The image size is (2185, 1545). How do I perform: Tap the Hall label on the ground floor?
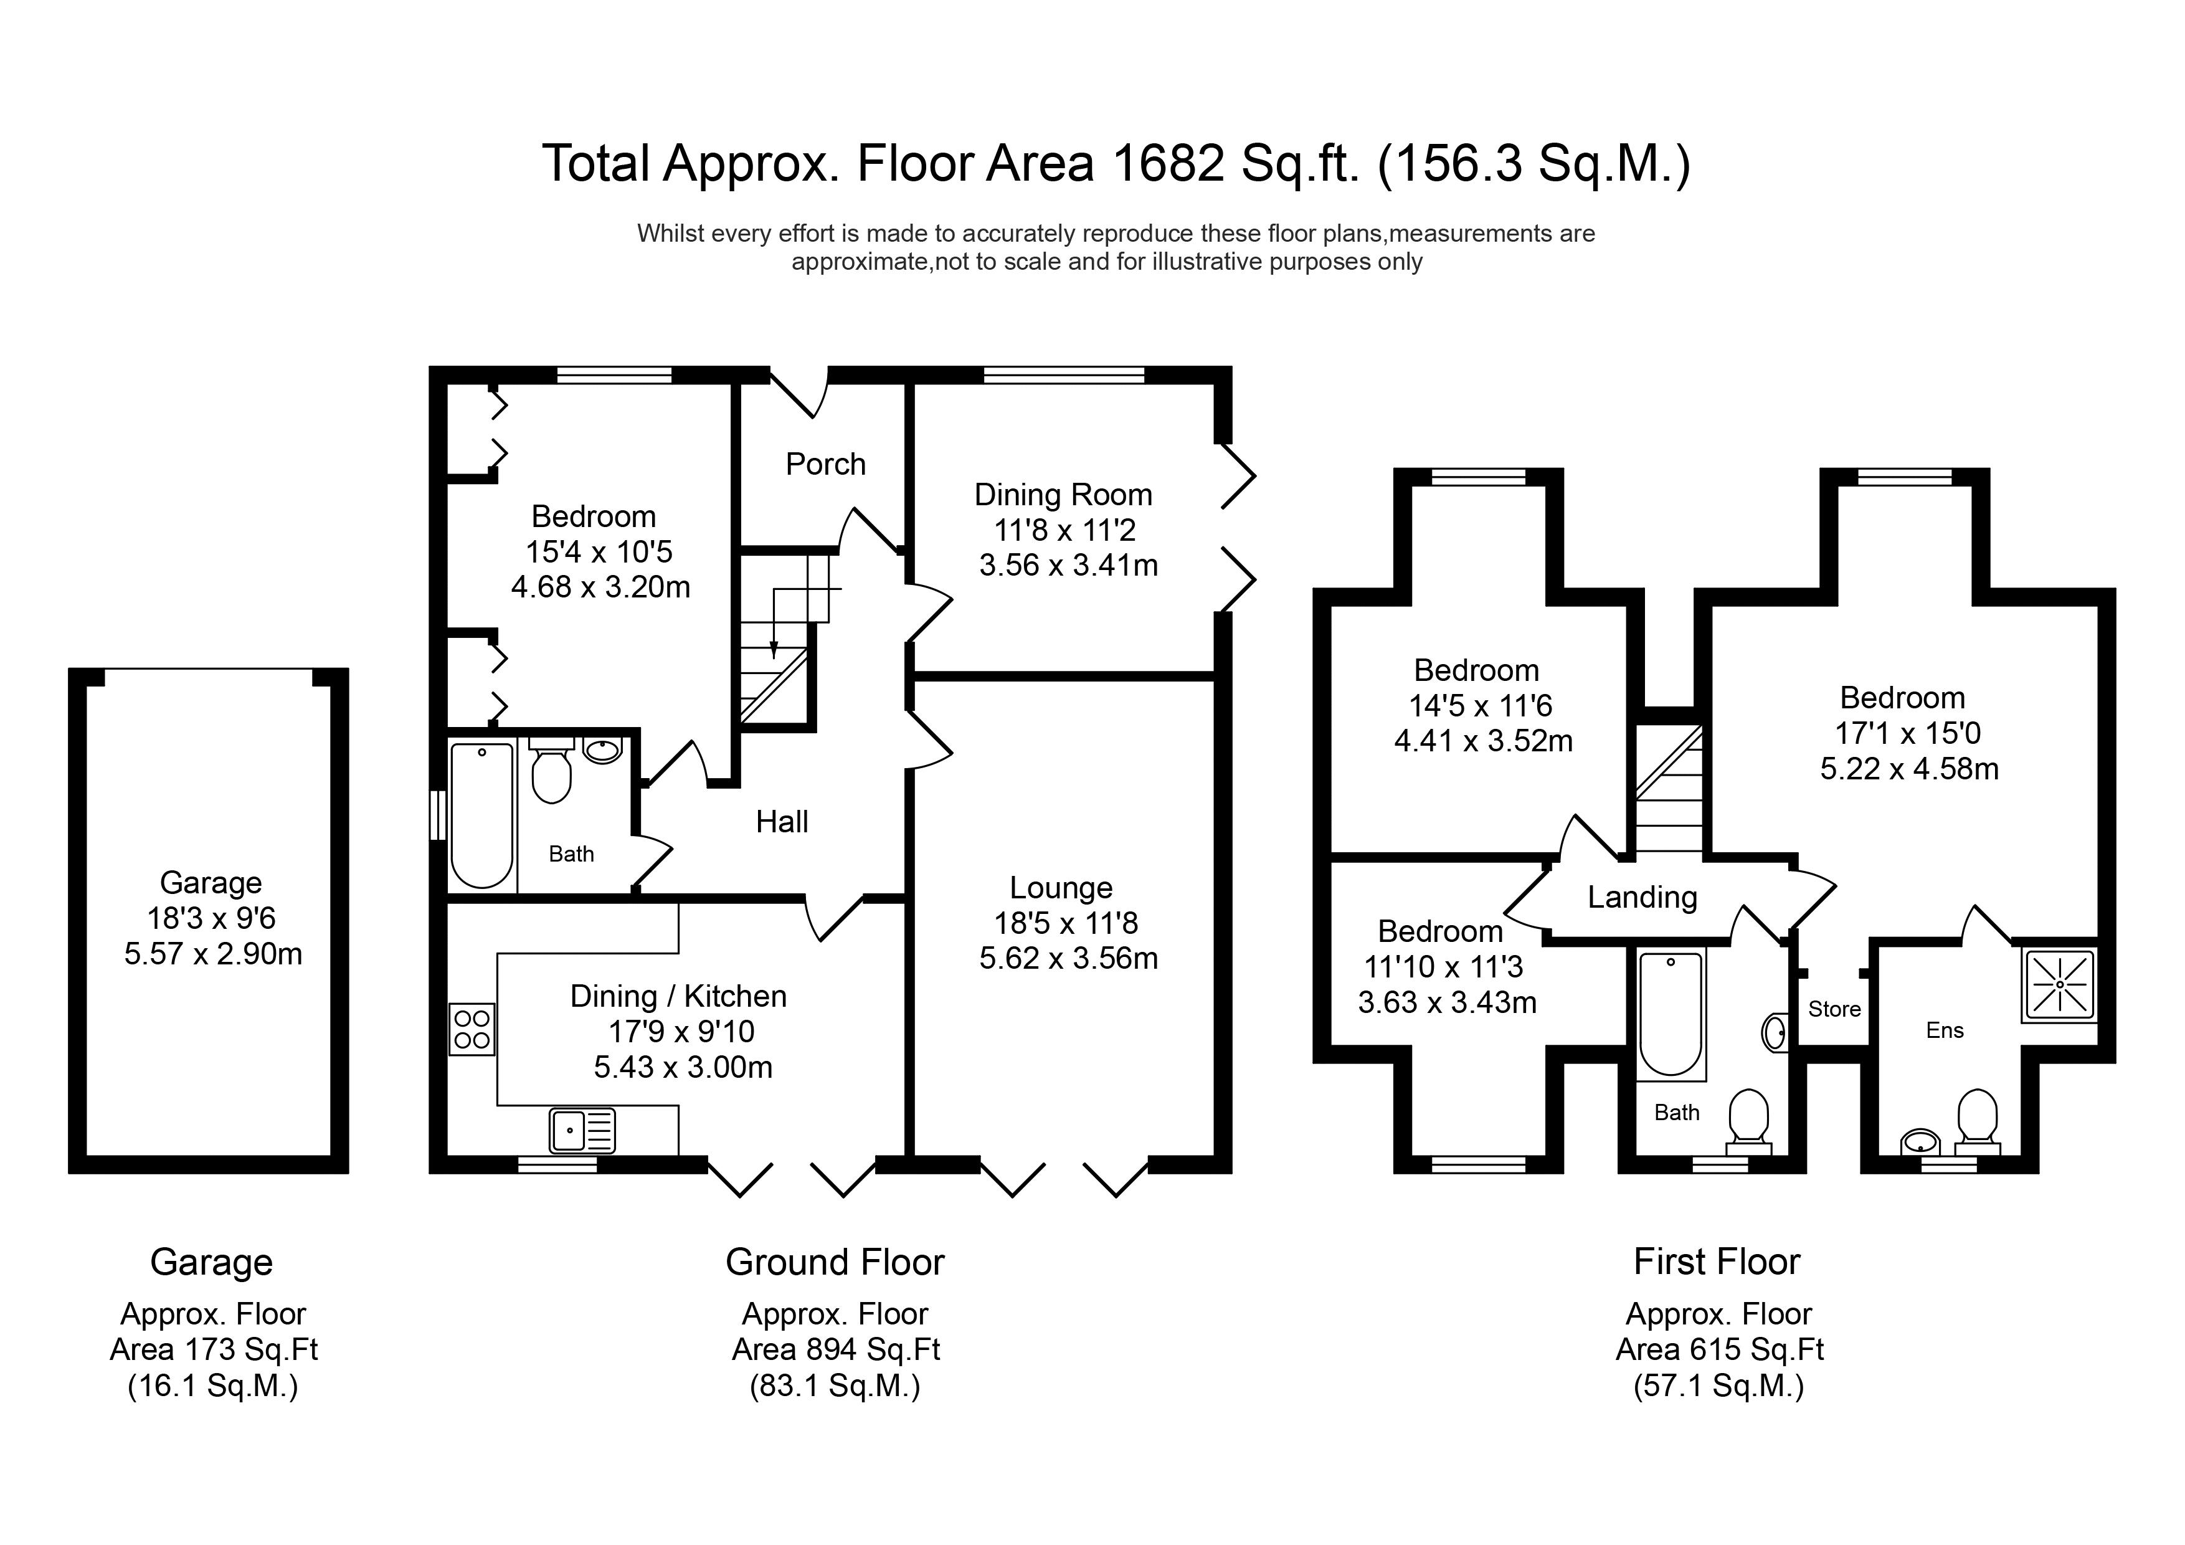pyautogui.click(x=782, y=822)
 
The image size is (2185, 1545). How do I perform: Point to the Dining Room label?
pyautogui.click(x=1063, y=495)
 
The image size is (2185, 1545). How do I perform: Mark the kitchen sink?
pyautogui.click(x=582, y=1131)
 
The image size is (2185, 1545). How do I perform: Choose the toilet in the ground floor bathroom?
pyautogui.click(x=551, y=770)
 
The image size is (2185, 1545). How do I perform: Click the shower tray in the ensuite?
pyautogui.click(x=2059, y=986)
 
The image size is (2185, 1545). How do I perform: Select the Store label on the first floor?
pyautogui.click(x=1834, y=1009)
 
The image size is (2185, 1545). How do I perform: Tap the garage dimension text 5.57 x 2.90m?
pyautogui.click(x=213, y=954)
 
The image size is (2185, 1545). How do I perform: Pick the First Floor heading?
pyautogui.click(x=1717, y=1262)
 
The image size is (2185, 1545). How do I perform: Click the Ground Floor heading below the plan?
pyautogui.click(x=835, y=1262)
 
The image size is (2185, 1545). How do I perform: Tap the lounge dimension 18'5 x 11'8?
pyautogui.click(x=1066, y=923)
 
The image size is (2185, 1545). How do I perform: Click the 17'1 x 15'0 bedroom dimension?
pyautogui.click(x=1907, y=733)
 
